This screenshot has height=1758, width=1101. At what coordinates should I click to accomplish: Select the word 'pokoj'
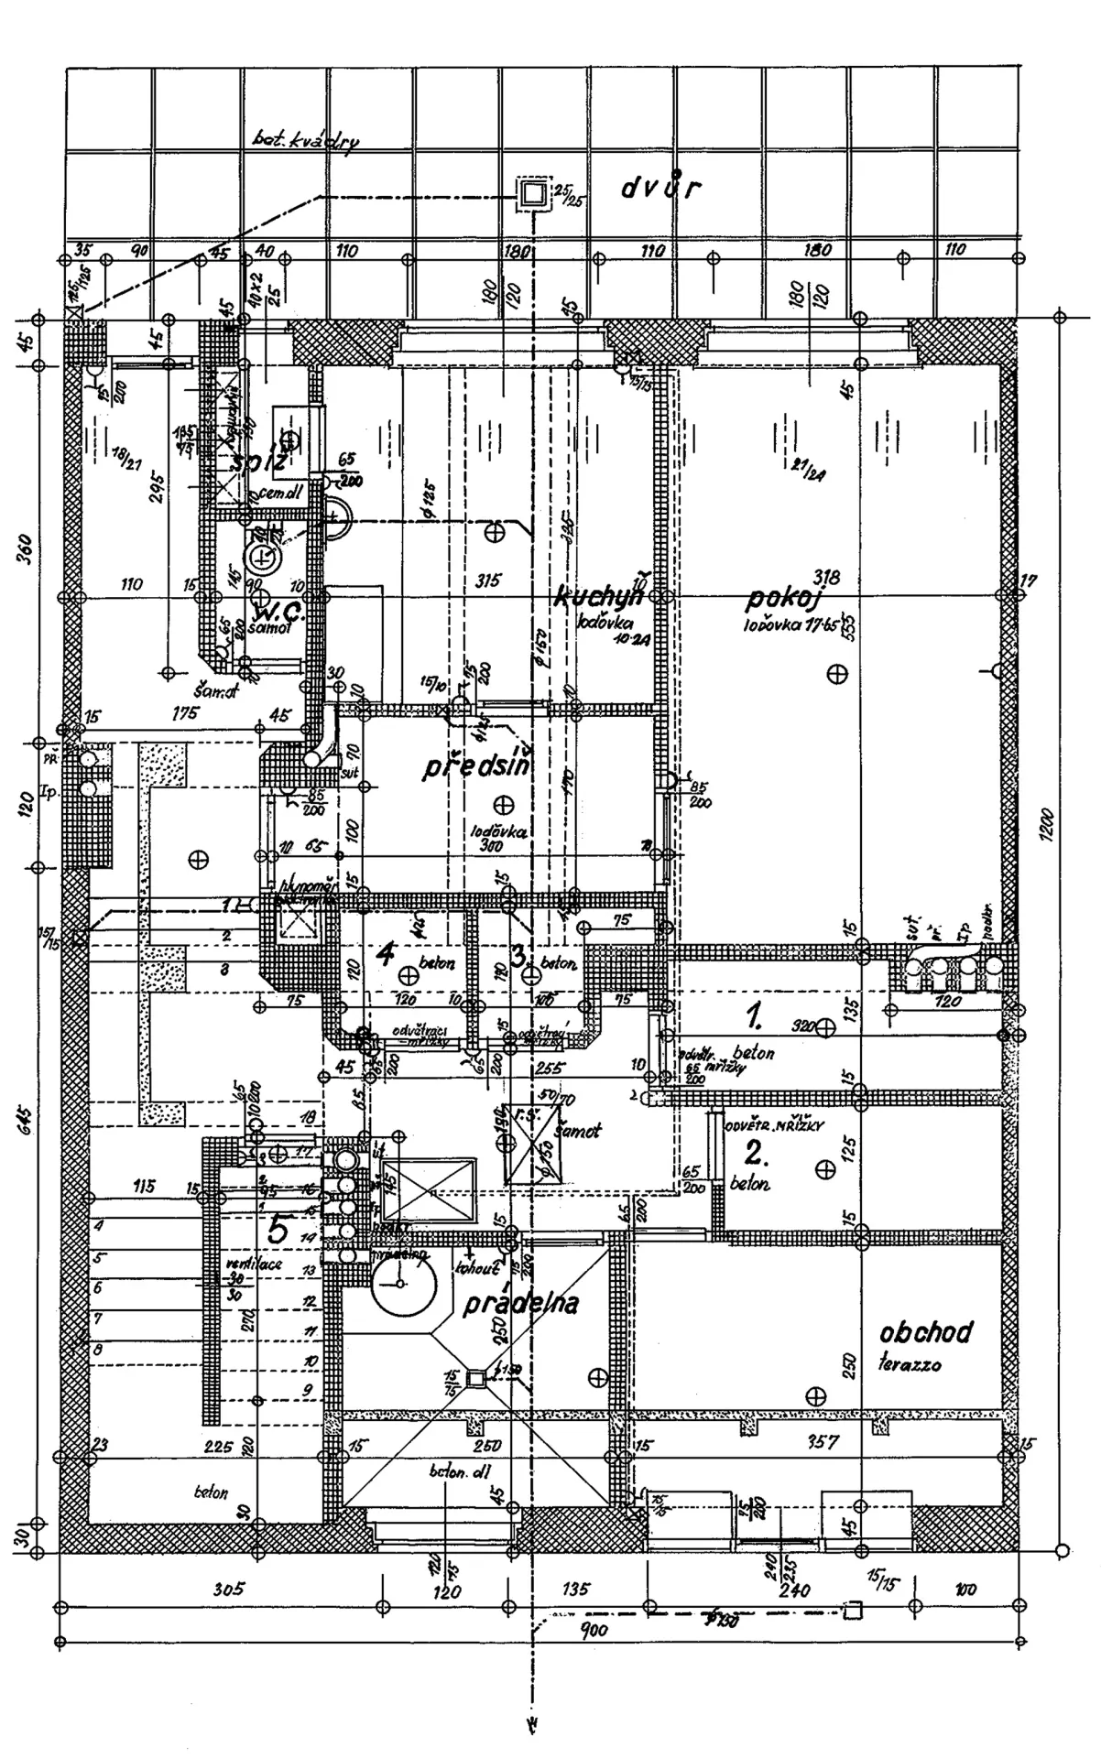pos(782,600)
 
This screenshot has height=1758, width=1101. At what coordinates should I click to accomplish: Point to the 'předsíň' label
pos(475,767)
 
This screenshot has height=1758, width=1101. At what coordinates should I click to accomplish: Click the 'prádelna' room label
pos(520,1303)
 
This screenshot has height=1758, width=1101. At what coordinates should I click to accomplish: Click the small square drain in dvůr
pos(533,193)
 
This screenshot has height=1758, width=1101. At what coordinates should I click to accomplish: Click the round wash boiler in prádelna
pos(401,1284)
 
